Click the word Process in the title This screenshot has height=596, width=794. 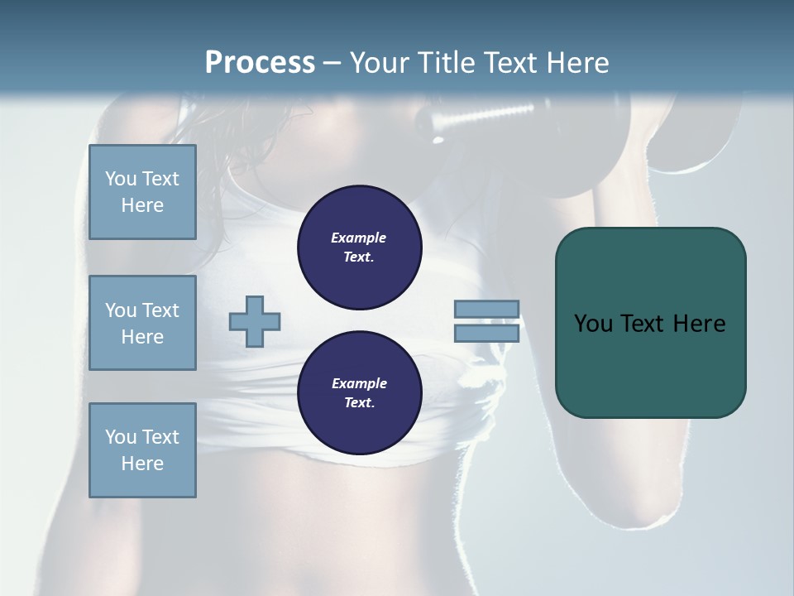pyautogui.click(x=260, y=63)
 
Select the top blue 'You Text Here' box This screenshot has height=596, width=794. pyautogui.click(x=142, y=192)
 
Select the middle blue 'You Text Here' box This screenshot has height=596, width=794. pyautogui.click(x=142, y=323)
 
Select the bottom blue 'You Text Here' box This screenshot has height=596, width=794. pyautogui.click(x=142, y=450)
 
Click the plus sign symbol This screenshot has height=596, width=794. pyautogui.click(x=255, y=321)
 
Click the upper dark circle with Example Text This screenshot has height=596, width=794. pyautogui.click(x=359, y=248)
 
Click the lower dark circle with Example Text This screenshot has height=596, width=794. pyautogui.click(x=359, y=393)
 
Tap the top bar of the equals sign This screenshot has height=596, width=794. pyautogui.click(x=486, y=309)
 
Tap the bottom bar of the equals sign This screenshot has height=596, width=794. pyautogui.click(x=486, y=333)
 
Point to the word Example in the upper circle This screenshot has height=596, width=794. pyautogui.click(x=359, y=238)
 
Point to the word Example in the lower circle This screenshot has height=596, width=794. pyautogui.click(x=359, y=383)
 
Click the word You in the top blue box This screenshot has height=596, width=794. pyautogui.click(x=119, y=179)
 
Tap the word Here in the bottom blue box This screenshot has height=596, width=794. pyautogui.click(x=142, y=464)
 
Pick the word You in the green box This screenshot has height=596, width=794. pyautogui.click(x=593, y=324)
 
